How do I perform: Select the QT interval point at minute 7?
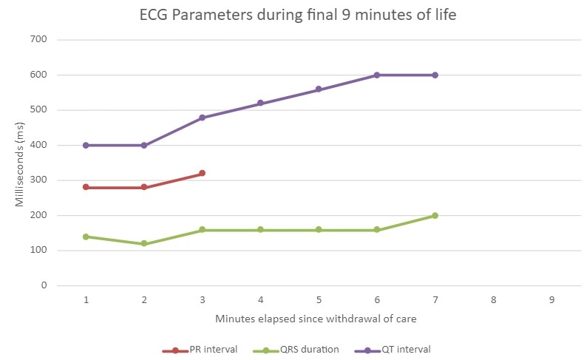coord(435,75)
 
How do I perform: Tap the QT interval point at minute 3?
coord(202,118)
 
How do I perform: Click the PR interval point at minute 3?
coord(202,173)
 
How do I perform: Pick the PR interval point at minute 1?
coord(86,187)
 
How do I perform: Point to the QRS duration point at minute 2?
coord(144,243)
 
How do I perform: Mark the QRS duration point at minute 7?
coord(435,215)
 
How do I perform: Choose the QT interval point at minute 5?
coord(319,89)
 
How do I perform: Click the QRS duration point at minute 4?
coord(260,230)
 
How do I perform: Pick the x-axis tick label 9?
coord(551,300)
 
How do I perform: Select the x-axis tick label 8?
coord(493,300)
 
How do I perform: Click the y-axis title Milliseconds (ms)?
coord(20,163)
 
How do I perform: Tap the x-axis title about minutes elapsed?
coord(318,319)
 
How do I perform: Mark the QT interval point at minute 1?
coord(86,145)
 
